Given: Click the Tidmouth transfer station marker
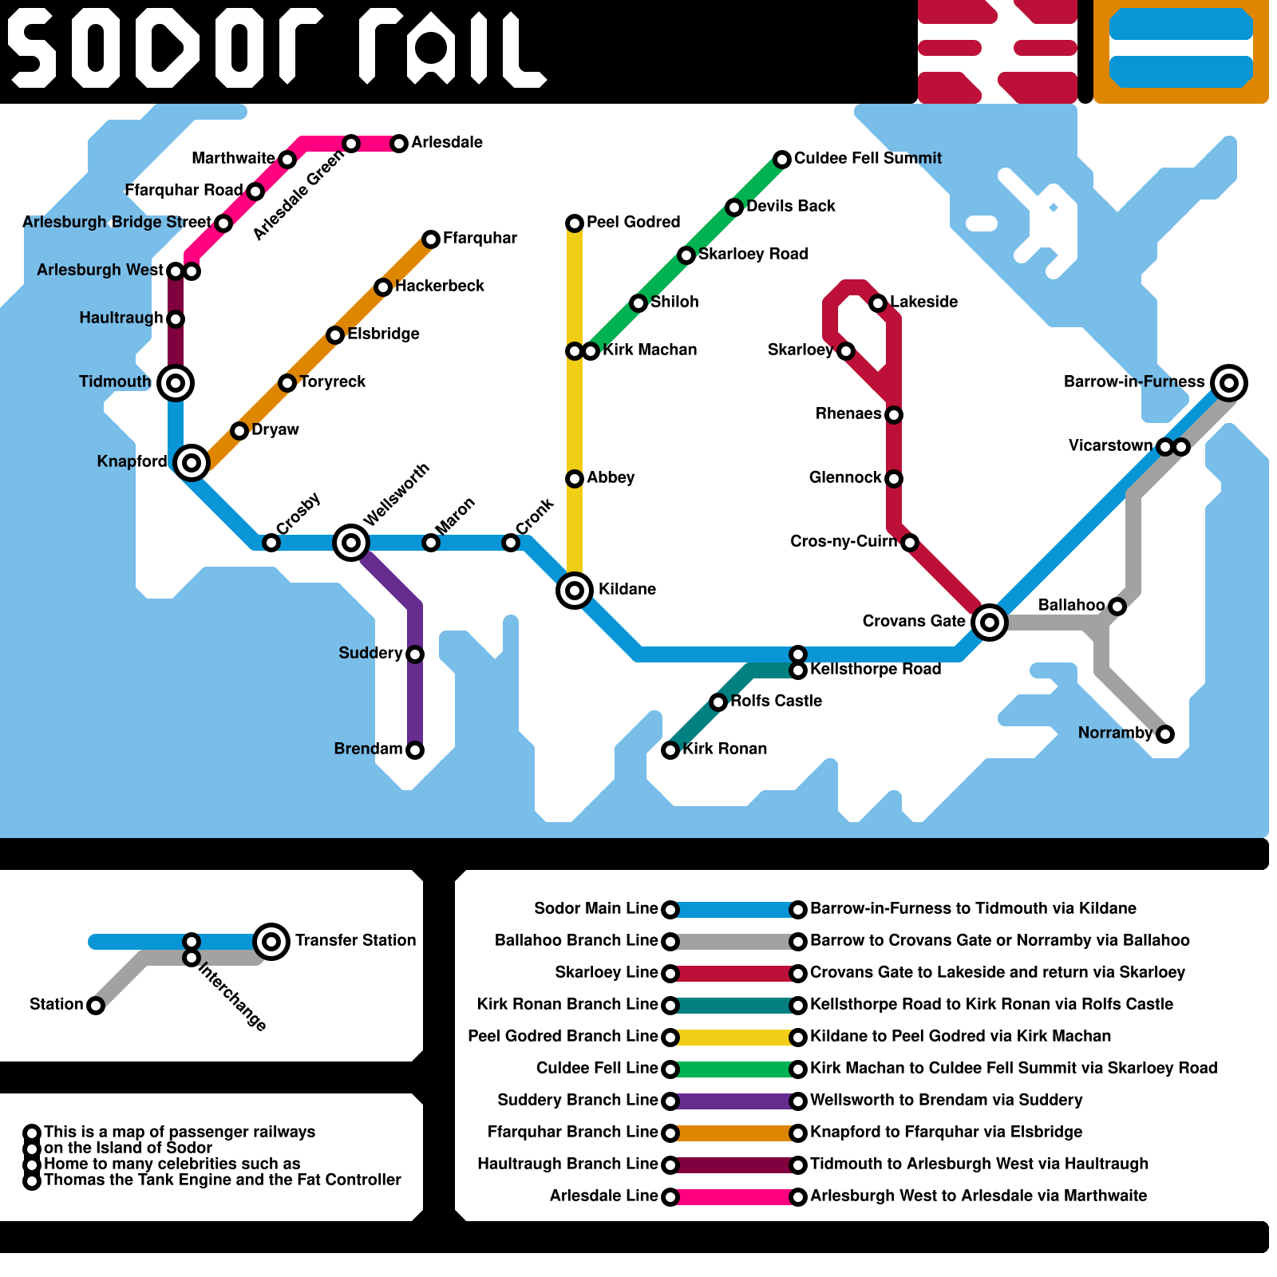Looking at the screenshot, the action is coord(176,383).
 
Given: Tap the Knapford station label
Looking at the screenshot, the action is coord(132,461).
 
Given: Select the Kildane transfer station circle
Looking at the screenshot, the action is coord(575,591).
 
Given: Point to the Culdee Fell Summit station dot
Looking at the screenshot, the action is coord(782,160).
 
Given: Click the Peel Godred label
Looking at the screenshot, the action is coord(633,222).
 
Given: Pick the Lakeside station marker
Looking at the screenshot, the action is coord(878,303).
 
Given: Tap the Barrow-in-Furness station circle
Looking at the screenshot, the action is coord(1229,383).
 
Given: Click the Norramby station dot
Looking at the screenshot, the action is coord(1165,734).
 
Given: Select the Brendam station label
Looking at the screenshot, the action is coord(368,749).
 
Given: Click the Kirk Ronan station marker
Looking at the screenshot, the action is coord(670,750).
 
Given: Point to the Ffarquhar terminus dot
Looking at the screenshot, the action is coord(431,239).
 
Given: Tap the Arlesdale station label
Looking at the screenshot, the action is coord(447,142).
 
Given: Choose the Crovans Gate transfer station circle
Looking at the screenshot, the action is coord(990,623).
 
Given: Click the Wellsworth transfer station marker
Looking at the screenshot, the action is coord(351,543).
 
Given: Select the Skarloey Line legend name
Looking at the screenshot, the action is coord(606,972).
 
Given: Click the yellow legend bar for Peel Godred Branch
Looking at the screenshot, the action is coord(734,1038).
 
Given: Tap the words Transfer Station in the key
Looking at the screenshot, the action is coord(355,940).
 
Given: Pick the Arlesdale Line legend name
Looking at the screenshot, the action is coord(603,1196).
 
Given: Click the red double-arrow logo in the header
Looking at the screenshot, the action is coord(998,51).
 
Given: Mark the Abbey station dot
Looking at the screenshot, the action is coord(575,479).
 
